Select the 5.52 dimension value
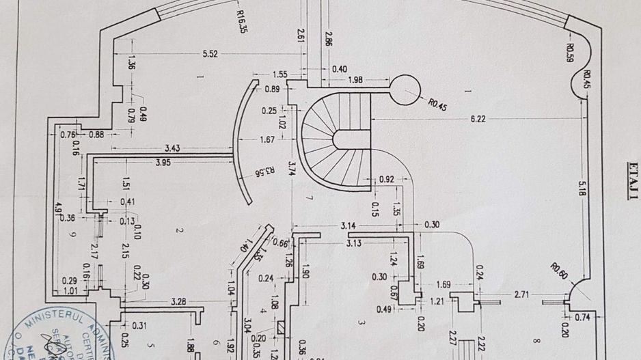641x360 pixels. [x=209, y=55]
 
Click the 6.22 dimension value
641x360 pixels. [x=478, y=118]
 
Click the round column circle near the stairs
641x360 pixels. [x=405, y=89]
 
